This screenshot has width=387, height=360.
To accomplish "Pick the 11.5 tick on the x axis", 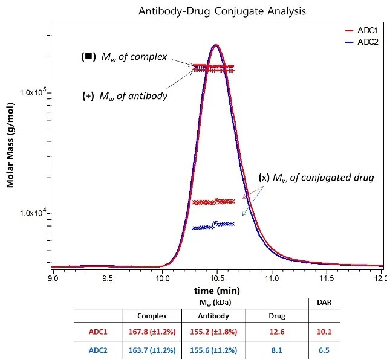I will click(327, 279).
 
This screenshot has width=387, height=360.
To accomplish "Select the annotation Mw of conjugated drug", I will click(317, 178).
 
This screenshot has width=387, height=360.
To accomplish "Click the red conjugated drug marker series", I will click(213, 201).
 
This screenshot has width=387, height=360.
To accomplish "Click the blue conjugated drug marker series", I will click(213, 226).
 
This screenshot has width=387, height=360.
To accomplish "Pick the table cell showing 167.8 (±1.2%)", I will click(152, 332).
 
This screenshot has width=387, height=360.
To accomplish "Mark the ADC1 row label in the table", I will click(97, 332).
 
